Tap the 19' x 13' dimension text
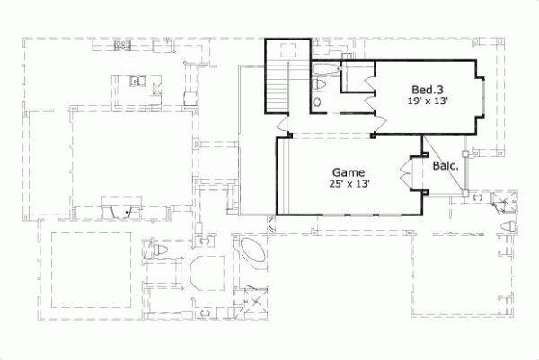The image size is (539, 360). tap(428, 101)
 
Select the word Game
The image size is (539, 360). tap(348, 171)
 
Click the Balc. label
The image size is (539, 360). tap(445, 166)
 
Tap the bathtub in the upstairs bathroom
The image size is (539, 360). tap(324, 69)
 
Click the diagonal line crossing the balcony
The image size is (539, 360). tap(444, 164)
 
